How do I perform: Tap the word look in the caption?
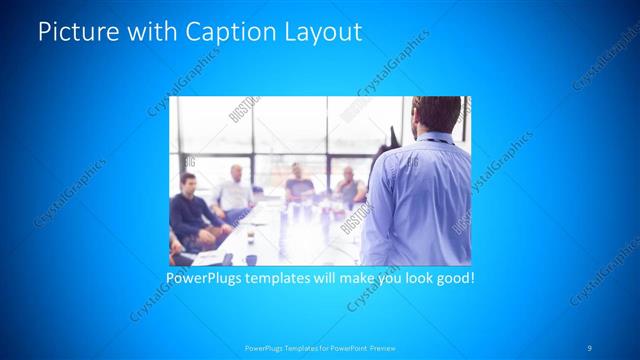[x=413, y=277]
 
